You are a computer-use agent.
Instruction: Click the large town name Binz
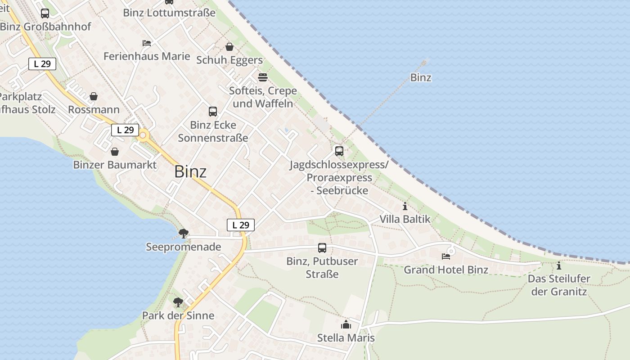click(x=190, y=171)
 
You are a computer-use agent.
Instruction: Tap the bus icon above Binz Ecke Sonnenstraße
click(x=213, y=111)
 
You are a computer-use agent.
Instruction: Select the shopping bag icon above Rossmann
click(x=94, y=96)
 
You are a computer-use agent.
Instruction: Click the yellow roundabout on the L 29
click(x=144, y=135)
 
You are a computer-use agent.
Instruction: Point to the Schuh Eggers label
click(x=229, y=60)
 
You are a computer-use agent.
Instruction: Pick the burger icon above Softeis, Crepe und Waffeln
click(x=263, y=77)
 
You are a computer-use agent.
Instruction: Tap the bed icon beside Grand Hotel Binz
click(x=446, y=256)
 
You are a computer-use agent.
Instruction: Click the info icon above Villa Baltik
click(x=405, y=207)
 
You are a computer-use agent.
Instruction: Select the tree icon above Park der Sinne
click(x=178, y=302)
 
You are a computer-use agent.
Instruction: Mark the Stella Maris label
click(x=346, y=337)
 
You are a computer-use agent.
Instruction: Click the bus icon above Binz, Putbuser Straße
click(x=322, y=247)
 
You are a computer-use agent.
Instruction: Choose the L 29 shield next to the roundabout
click(x=125, y=130)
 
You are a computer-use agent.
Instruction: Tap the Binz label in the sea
click(x=421, y=77)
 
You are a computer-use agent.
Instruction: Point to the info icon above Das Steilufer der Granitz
click(x=559, y=265)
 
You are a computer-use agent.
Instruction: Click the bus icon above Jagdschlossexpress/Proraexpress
click(x=339, y=151)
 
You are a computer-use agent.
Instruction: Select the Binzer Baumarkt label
click(x=115, y=165)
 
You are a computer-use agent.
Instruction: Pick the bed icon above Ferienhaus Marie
click(x=147, y=43)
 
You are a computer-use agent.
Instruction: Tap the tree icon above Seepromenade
click(x=183, y=233)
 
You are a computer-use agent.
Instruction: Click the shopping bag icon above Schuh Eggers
click(x=229, y=47)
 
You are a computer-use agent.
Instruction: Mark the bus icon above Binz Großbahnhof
click(x=45, y=13)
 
